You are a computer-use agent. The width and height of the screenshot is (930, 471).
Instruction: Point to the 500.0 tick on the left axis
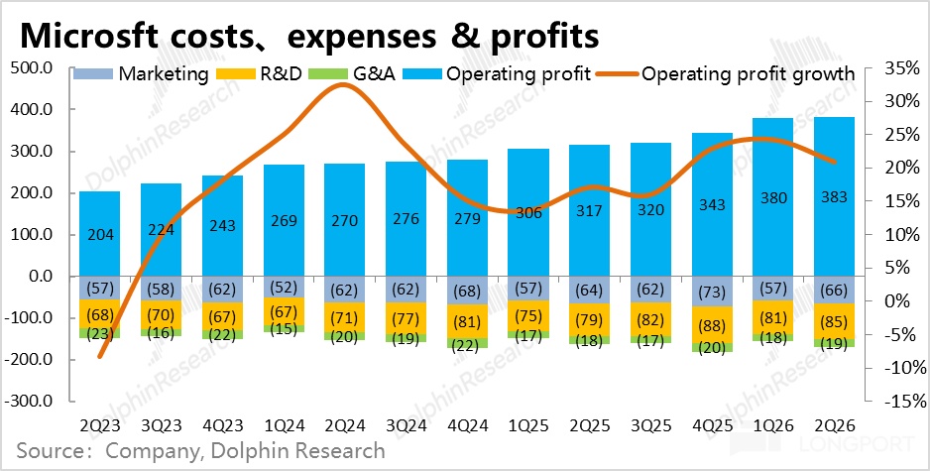tap(32, 68)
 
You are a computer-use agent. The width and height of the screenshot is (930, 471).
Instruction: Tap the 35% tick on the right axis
tap(893, 68)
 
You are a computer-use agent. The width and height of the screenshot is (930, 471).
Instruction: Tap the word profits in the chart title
tap(543, 35)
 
